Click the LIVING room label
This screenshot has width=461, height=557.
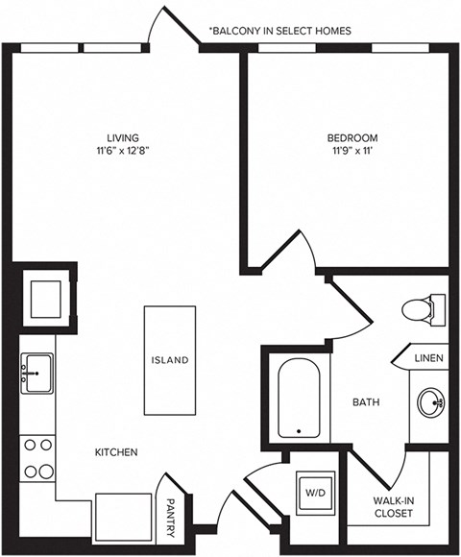(123, 136)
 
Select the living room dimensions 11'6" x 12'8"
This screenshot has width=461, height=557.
(123, 150)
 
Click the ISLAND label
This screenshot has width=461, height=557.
(169, 360)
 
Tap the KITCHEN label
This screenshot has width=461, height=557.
(116, 451)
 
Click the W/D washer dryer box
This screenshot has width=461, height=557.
(315, 493)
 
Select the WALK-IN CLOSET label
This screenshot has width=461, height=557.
(393, 507)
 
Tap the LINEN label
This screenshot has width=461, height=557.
(428, 358)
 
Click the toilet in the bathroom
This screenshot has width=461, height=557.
(420, 309)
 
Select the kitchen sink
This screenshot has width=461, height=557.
(37, 371)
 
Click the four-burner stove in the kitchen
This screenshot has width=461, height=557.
(37, 458)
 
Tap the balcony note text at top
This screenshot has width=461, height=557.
(279, 31)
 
